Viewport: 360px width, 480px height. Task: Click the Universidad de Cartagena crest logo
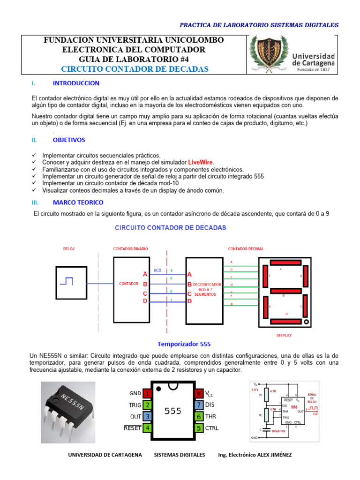[x=266, y=54]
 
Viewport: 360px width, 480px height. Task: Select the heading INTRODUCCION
[x=76, y=83]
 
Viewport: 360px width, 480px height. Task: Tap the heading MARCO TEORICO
[x=78, y=202]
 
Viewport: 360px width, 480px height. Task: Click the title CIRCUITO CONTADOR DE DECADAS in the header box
[x=135, y=69]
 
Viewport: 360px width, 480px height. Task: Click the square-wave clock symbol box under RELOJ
[x=70, y=283]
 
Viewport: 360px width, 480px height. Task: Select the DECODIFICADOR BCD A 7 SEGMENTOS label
[x=207, y=289]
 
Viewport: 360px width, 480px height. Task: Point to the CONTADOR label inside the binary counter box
[x=128, y=284]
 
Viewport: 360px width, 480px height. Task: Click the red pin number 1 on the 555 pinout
[x=147, y=393]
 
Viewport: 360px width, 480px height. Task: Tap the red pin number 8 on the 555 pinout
[x=199, y=393]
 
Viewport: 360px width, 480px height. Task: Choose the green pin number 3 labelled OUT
[x=147, y=416]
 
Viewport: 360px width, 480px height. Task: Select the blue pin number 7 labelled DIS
[x=199, y=405]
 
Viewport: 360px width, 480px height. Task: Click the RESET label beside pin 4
[x=132, y=428]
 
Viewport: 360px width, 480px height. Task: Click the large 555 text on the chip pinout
[x=173, y=411]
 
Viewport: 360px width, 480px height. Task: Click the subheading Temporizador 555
[x=180, y=344]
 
